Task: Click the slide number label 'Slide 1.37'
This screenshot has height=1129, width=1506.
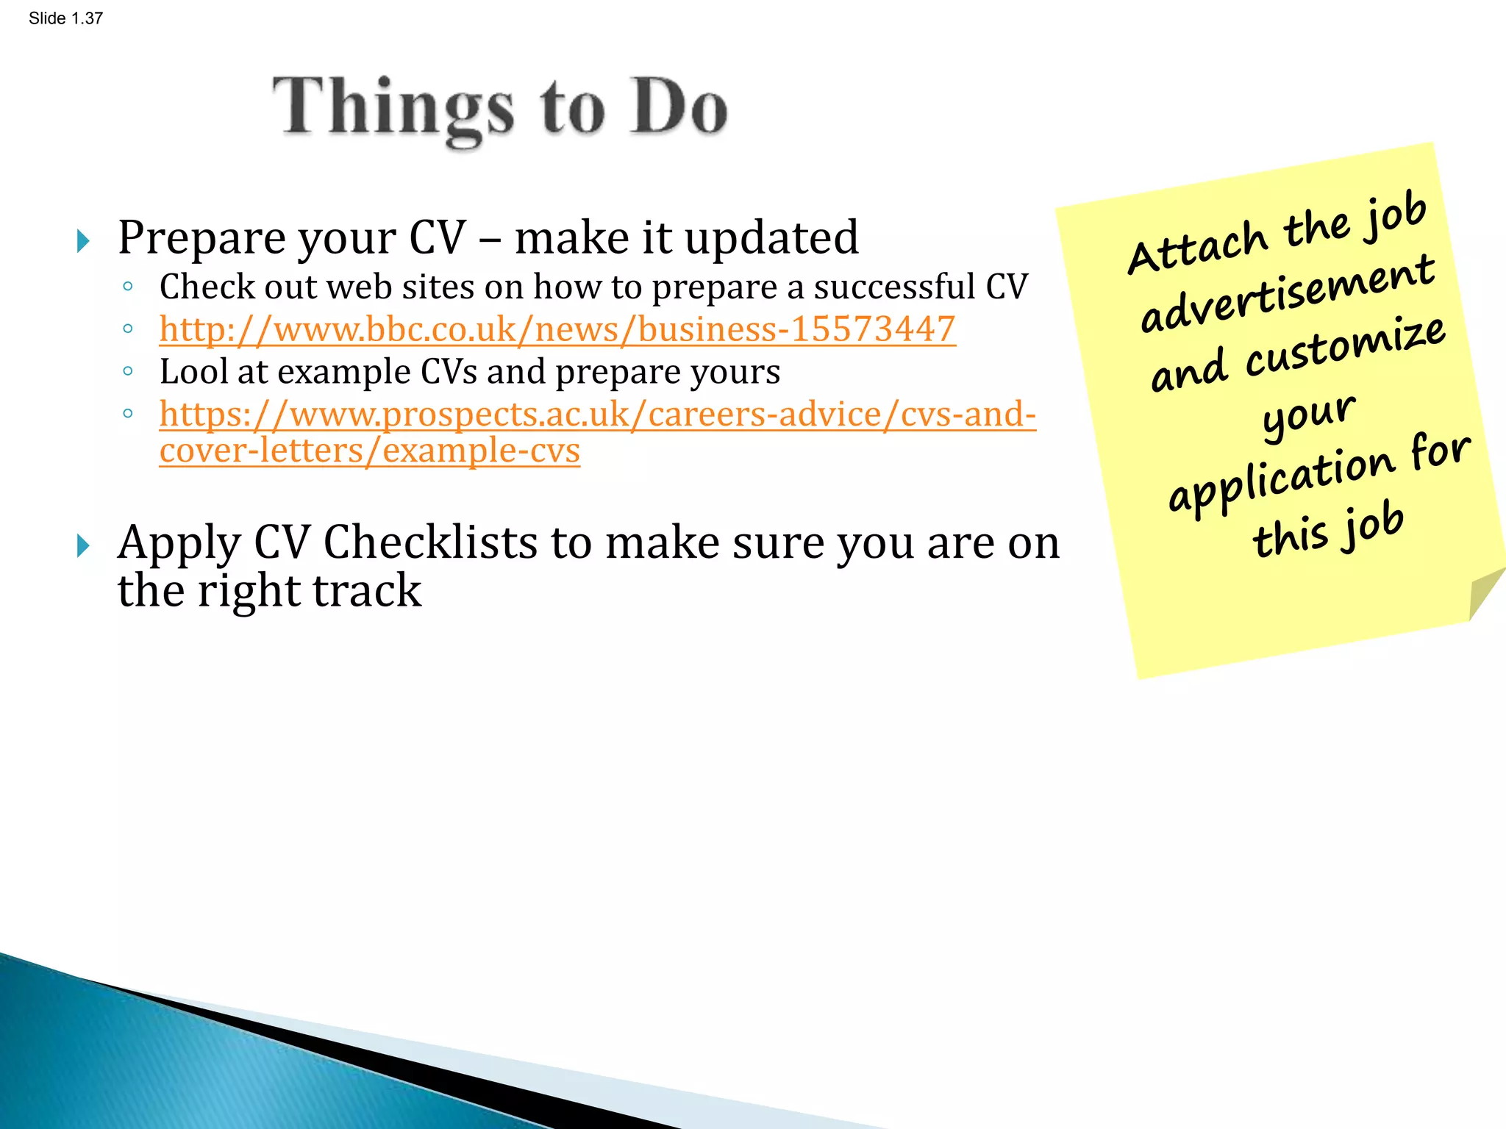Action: pyautogui.click(x=65, y=18)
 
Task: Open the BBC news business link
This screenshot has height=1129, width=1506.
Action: pyautogui.click(x=557, y=329)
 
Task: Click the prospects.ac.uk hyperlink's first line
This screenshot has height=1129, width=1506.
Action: pyautogui.click(x=597, y=414)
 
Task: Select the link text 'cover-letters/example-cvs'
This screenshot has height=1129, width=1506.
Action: pyautogui.click(x=369, y=450)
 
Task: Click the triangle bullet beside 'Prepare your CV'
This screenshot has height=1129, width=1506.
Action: pyautogui.click(x=83, y=240)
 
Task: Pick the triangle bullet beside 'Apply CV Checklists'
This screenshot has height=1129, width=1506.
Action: pyautogui.click(x=83, y=545)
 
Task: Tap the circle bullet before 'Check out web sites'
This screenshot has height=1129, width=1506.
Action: pyautogui.click(x=128, y=287)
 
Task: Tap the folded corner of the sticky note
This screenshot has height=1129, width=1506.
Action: pyautogui.click(x=1484, y=592)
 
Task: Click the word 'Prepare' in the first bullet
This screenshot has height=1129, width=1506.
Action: pyautogui.click(x=195, y=239)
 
